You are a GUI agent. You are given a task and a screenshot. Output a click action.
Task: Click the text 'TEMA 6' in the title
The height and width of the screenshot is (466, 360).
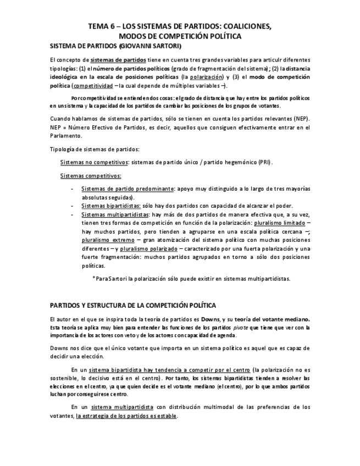pyautogui.click(x=101, y=26)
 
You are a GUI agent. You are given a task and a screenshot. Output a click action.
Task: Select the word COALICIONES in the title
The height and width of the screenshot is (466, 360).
pyautogui.click(x=246, y=26)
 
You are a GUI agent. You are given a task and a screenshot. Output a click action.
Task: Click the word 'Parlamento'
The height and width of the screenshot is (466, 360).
pyautogui.click(x=65, y=136)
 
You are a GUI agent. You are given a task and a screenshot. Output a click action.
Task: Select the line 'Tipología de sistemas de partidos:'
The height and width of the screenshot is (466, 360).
pyautogui.click(x=94, y=149)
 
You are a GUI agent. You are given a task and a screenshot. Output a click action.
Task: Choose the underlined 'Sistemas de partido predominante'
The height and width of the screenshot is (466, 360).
pyautogui.click(x=126, y=188)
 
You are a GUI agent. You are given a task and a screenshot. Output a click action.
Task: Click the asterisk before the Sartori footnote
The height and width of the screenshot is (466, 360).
pyautogui.click(x=93, y=279)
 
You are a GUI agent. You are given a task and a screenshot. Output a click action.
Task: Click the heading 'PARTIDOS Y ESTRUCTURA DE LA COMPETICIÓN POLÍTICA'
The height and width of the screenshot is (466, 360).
pyautogui.click(x=133, y=304)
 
